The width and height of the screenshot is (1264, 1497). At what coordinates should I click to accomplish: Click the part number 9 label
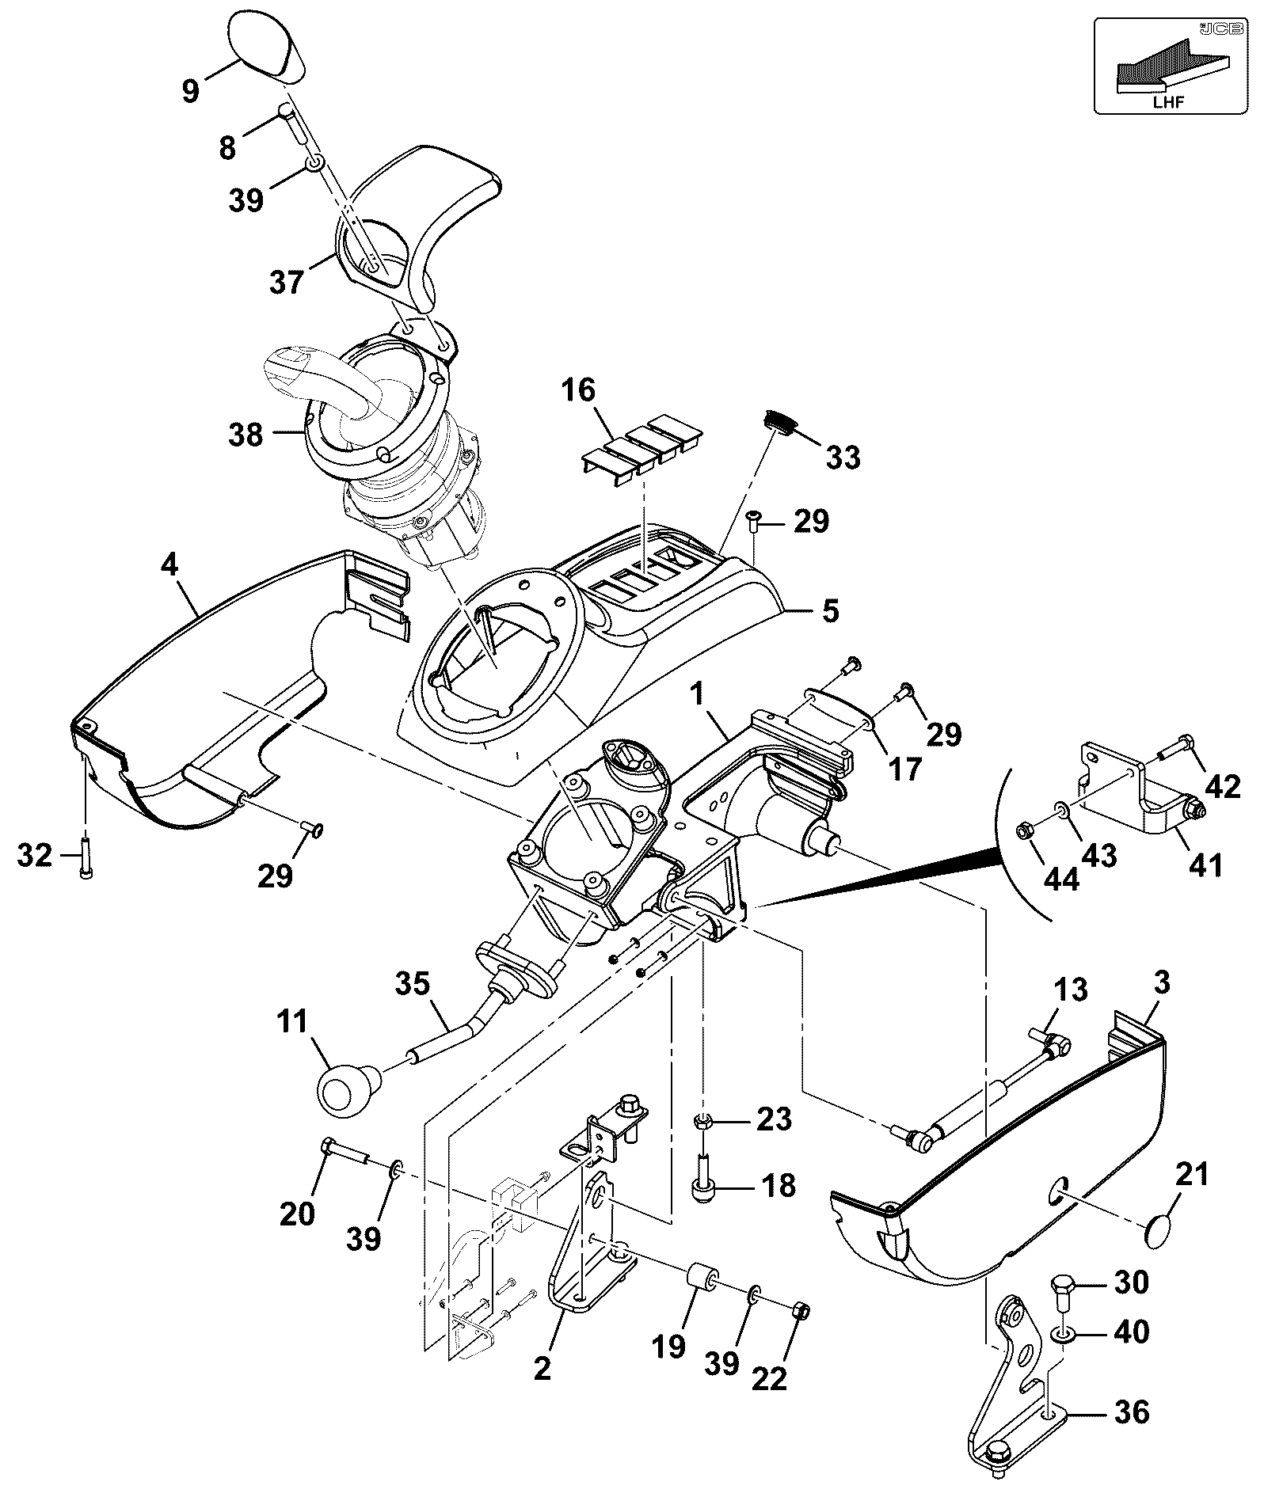(191, 91)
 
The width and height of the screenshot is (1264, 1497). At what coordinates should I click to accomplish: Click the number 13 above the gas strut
(1069, 990)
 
